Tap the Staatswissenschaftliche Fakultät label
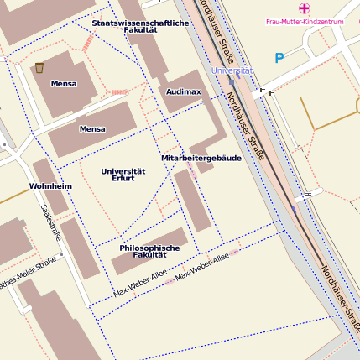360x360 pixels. pos(140,26)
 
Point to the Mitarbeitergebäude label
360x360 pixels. pos(201,158)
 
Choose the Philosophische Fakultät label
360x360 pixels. pos(149,251)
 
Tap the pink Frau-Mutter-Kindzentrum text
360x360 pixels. pos(305,21)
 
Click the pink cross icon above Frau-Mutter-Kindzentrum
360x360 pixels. pos(304,8)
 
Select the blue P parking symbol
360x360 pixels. pos(279,59)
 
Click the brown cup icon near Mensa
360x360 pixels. pos(39,67)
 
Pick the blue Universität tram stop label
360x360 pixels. pos(232,71)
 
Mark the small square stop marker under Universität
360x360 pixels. pos(263,89)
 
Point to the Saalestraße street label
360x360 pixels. pos(51,222)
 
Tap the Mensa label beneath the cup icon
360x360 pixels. pos(63,84)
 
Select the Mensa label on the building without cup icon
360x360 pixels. pos(92,129)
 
